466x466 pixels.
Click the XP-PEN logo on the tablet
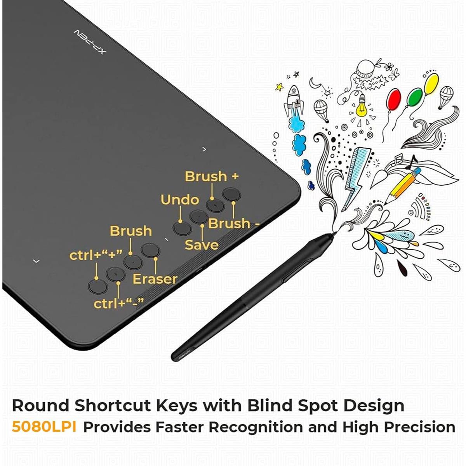(90, 42)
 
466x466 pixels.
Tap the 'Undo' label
(180, 200)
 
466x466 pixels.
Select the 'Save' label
(202, 245)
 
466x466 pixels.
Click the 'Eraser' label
(155, 279)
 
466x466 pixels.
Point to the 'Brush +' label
(212, 176)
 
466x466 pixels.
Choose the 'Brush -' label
(234, 223)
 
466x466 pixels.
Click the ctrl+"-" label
(118, 303)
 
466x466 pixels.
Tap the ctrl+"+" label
(96, 256)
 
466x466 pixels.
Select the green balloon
(414, 97)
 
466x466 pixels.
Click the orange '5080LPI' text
(44, 426)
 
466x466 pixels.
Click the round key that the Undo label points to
(182, 228)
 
